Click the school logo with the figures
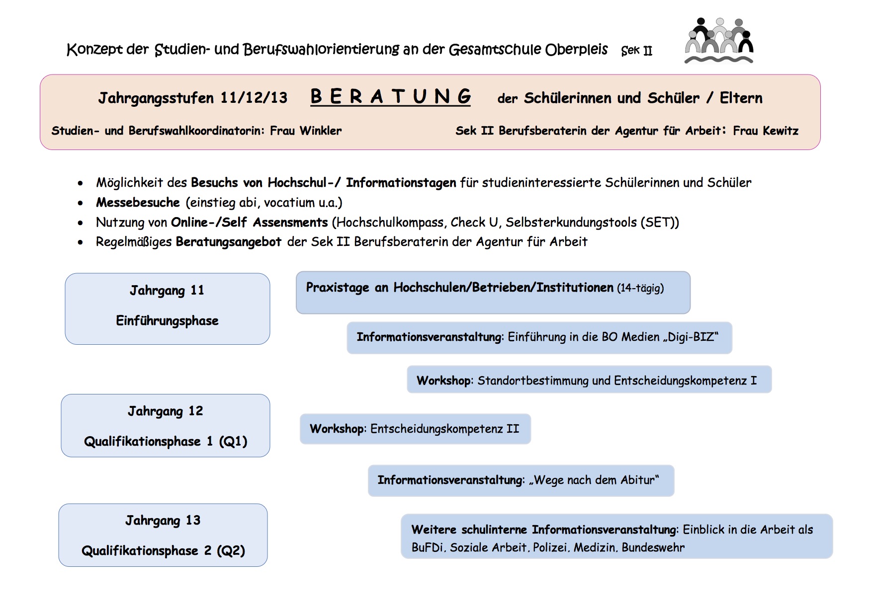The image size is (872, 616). coord(719,41)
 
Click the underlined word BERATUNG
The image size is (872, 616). coord(390,96)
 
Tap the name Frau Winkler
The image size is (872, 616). coord(306,131)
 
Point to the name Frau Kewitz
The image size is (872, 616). coord(766,131)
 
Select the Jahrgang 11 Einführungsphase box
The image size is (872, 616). coord(167,308)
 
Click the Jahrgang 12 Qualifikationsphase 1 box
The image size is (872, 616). coord(165,426)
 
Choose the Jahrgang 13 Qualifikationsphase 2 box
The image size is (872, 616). coord(163,535)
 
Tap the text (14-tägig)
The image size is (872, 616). coord(640,288)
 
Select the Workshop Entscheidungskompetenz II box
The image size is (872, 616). coord(415,429)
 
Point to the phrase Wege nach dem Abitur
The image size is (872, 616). coord(594,480)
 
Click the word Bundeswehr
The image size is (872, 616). coord(653,547)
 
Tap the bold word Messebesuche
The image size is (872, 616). coord(138,203)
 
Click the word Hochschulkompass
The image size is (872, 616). coord(390,223)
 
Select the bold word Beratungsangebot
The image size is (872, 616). coord(229,242)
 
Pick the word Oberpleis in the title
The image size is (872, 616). coord(576,50)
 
